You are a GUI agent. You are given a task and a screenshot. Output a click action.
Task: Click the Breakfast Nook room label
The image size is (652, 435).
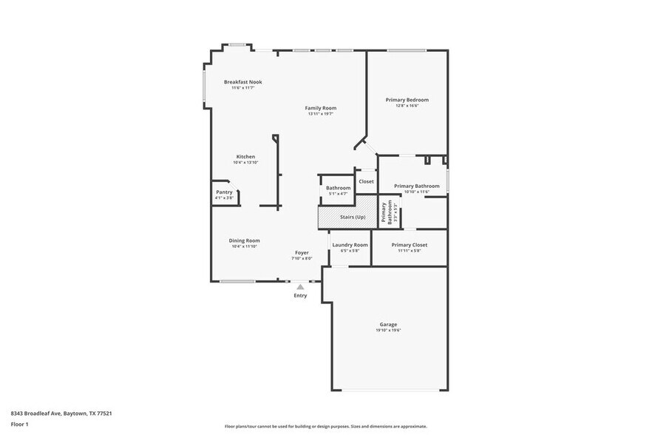242,82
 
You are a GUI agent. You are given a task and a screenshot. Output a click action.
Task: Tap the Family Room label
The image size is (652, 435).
320,108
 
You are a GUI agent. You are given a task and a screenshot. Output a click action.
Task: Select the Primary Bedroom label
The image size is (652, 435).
407,100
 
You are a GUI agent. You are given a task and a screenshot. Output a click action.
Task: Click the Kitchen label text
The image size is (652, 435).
245,157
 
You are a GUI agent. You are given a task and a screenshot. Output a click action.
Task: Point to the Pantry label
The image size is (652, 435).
224,192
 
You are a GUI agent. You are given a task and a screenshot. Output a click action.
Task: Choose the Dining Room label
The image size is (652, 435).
244,240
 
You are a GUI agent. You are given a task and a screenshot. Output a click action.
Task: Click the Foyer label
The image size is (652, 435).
302,252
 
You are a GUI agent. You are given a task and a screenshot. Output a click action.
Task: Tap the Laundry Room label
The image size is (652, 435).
350,245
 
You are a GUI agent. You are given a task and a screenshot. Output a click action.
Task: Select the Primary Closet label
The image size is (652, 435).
409,245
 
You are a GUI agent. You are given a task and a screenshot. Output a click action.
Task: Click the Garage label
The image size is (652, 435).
388,324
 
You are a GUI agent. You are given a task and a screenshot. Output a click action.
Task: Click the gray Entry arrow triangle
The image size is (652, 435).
300,286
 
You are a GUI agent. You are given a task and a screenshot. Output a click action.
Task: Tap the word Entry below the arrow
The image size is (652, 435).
300,296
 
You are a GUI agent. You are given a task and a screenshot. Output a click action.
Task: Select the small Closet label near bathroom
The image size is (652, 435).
366,181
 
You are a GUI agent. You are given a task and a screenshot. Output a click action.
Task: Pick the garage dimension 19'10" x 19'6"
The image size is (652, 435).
388,330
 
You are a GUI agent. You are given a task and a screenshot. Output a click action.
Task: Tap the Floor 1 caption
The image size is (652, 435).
19,424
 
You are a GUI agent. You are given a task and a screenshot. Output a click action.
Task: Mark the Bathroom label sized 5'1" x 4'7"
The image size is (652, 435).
338,188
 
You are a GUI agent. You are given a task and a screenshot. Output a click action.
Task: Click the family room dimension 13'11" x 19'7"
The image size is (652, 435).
320,114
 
